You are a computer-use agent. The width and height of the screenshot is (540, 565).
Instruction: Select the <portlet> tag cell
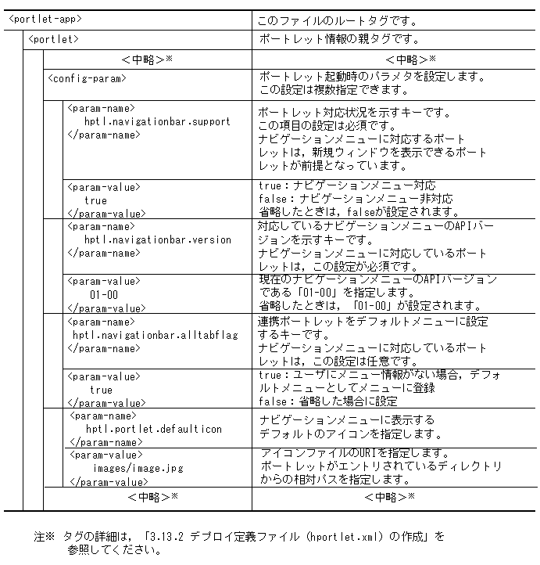tap(52, 38)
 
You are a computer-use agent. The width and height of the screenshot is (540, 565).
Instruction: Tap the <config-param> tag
tap(87, 77)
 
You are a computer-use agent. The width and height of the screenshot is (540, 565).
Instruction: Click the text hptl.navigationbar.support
tap(157, 121)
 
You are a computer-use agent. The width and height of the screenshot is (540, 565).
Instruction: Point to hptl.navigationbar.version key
tap(157, 239)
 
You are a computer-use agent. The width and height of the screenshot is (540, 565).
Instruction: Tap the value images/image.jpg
tap(138, 468)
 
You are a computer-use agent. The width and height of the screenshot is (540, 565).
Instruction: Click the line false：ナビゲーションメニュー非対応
tap(356, 199)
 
